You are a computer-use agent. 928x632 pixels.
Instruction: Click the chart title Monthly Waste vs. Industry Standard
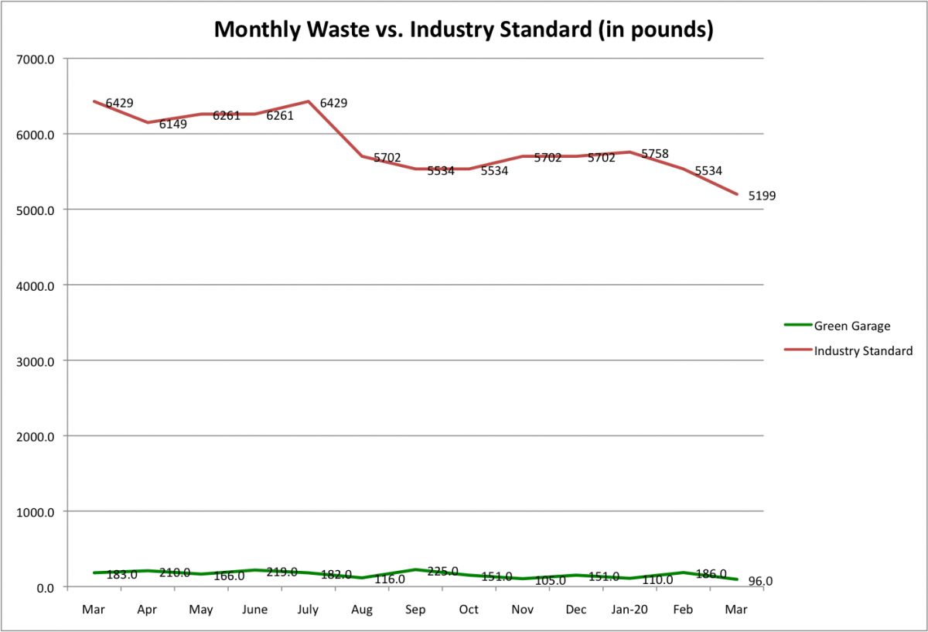point(463,29)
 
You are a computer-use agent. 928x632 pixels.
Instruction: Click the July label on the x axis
point(309,610)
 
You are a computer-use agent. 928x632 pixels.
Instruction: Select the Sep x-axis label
point(416,610)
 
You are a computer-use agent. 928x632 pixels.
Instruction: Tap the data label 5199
point(762,196)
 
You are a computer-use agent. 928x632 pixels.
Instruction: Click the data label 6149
point(172,124)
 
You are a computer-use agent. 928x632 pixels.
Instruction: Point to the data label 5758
point(655,154)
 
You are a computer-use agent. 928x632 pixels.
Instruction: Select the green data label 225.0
point(442,572)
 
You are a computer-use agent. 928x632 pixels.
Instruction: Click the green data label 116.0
point(389,579)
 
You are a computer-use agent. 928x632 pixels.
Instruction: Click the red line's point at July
point(309,101)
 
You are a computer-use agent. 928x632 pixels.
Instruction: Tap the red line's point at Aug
point(362,156)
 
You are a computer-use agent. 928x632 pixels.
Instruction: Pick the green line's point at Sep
point(416,569)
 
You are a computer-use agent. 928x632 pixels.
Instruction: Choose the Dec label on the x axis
point(576,610)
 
